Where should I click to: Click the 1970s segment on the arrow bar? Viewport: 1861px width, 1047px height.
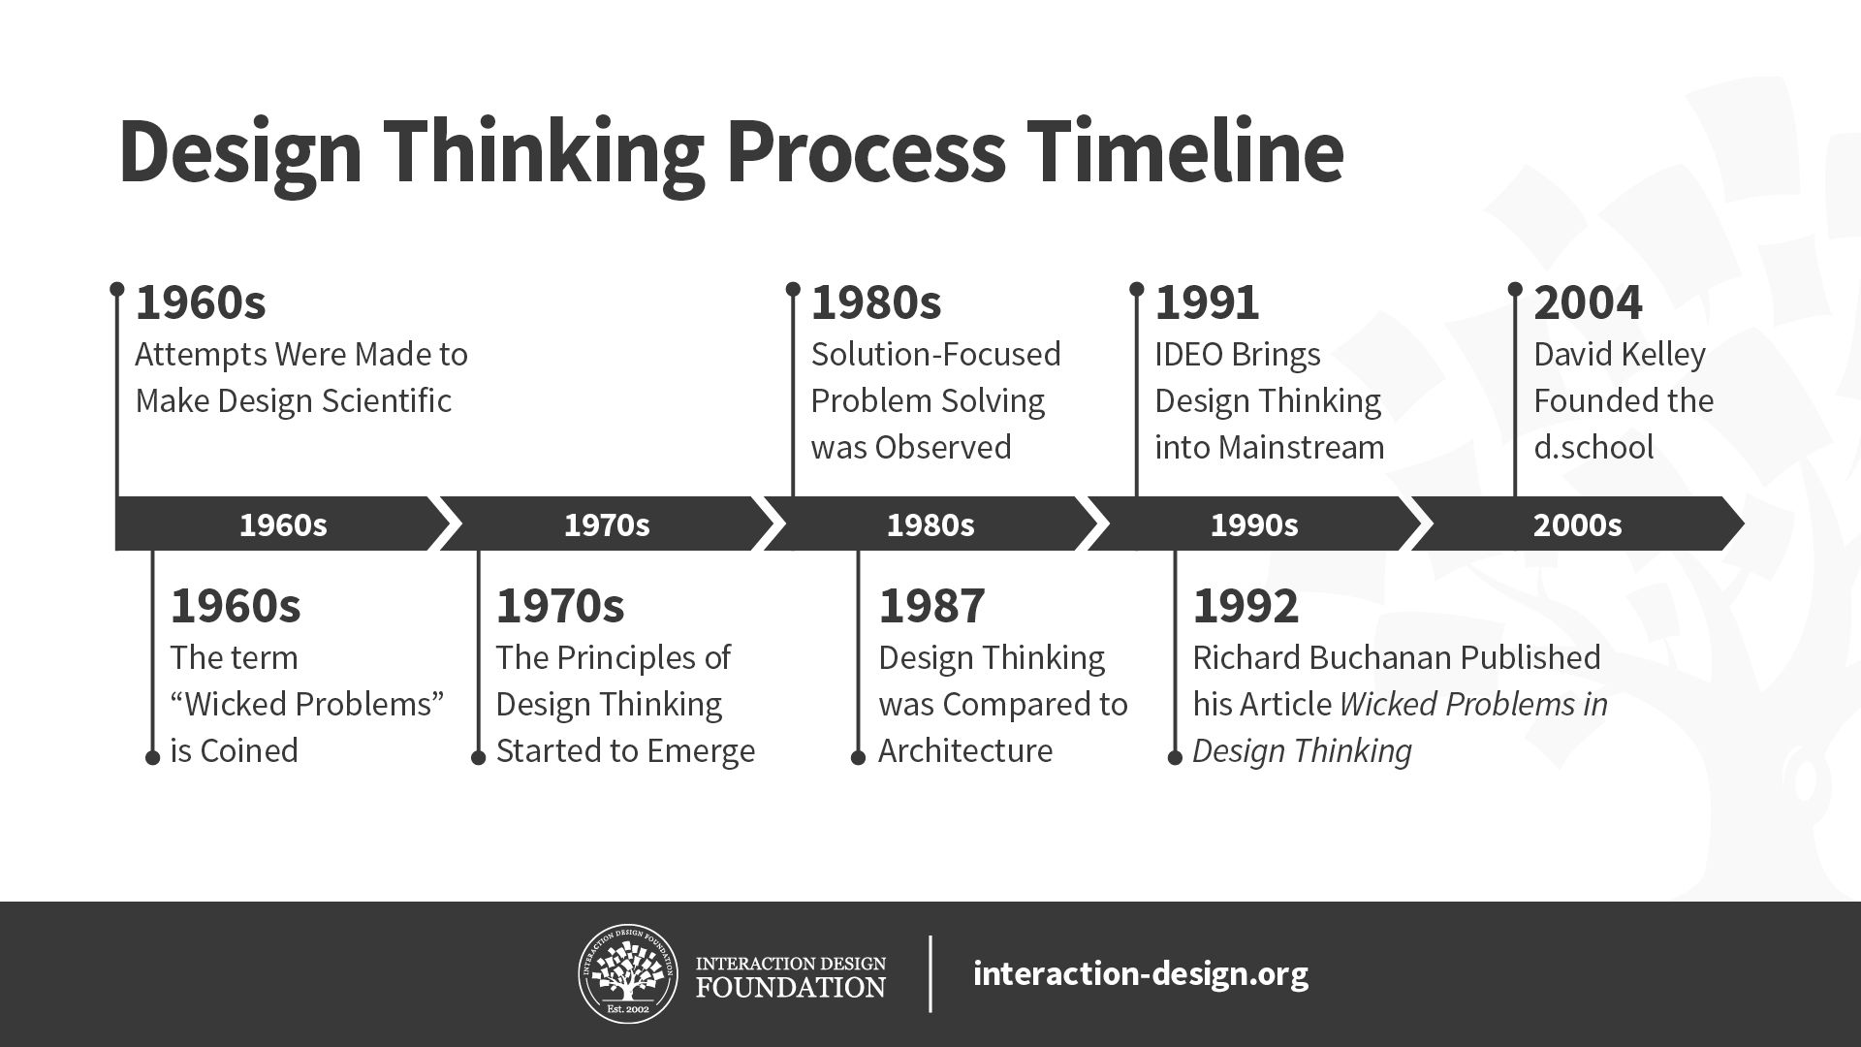coord(607,524)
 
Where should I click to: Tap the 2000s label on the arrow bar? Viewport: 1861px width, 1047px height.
coord(1577,524)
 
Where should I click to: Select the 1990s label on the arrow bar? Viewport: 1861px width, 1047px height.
coord(1253,524)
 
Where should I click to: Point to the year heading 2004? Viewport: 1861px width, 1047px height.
coord(1588,302)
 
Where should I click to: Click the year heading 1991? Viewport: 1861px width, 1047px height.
coord(1207,302)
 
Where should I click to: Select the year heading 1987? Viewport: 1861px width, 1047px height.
coord(931,606)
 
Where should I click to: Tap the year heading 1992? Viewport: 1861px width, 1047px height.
coord(1246,606)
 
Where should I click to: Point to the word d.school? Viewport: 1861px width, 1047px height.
coord(1593,448)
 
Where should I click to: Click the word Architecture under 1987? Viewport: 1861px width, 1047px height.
coord(965,751)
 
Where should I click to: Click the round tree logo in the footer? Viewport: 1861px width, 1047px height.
coord(628,973)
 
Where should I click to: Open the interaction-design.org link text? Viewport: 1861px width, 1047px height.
coord(1140,973)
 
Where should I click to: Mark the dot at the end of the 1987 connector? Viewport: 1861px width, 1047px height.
coord(858,757)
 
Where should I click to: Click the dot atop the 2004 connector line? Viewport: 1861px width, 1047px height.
coord(1515,289)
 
